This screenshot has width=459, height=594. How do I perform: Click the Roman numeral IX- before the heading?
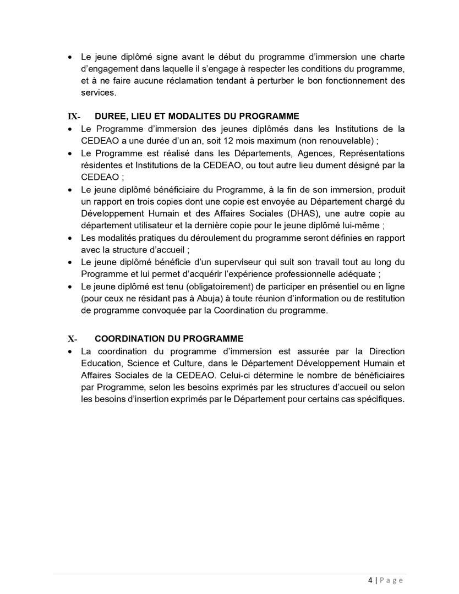[74, 117]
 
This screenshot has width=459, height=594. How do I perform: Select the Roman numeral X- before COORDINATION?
[72, 339]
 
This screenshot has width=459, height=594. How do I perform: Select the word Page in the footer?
[391, 580]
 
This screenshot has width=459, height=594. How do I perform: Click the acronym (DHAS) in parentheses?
[281, 213]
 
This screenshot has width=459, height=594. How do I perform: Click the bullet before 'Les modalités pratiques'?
[69, 238]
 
